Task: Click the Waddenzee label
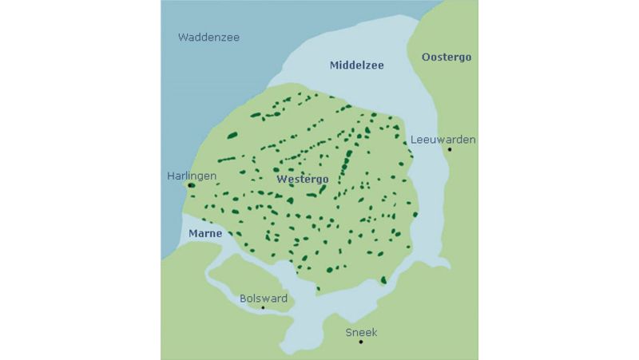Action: pyautogui.click(x=208, y=38)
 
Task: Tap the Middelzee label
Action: pyautogui.click(x=356, y=65)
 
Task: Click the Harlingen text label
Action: pyautogui.click(x=192, y=176)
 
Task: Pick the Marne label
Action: pyautogui.click(x=205, y=234)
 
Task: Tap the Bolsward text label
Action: pyautogui.click(x=264, y=299)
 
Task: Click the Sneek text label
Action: pyautogui.click(x=360, y=332)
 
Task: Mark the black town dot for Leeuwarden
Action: pyautogui.click(x=450, y=149)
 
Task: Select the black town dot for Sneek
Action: pyautogui.click(x=361, y=342)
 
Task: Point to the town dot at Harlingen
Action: pyautogui.click(x=191, y=185)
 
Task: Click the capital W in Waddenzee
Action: pyautogui.click(x=184, y=38)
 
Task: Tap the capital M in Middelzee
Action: pyautogui.click(x=335, y=65)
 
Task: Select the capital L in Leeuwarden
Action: pyautogui.click(x=413, y=140)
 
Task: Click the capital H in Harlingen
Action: pyautogui.click(x=171, y=176)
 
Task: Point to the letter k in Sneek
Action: pyautogui.click(x=373, y=332)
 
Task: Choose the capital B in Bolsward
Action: pyautogui.click(x=244, y=299)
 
